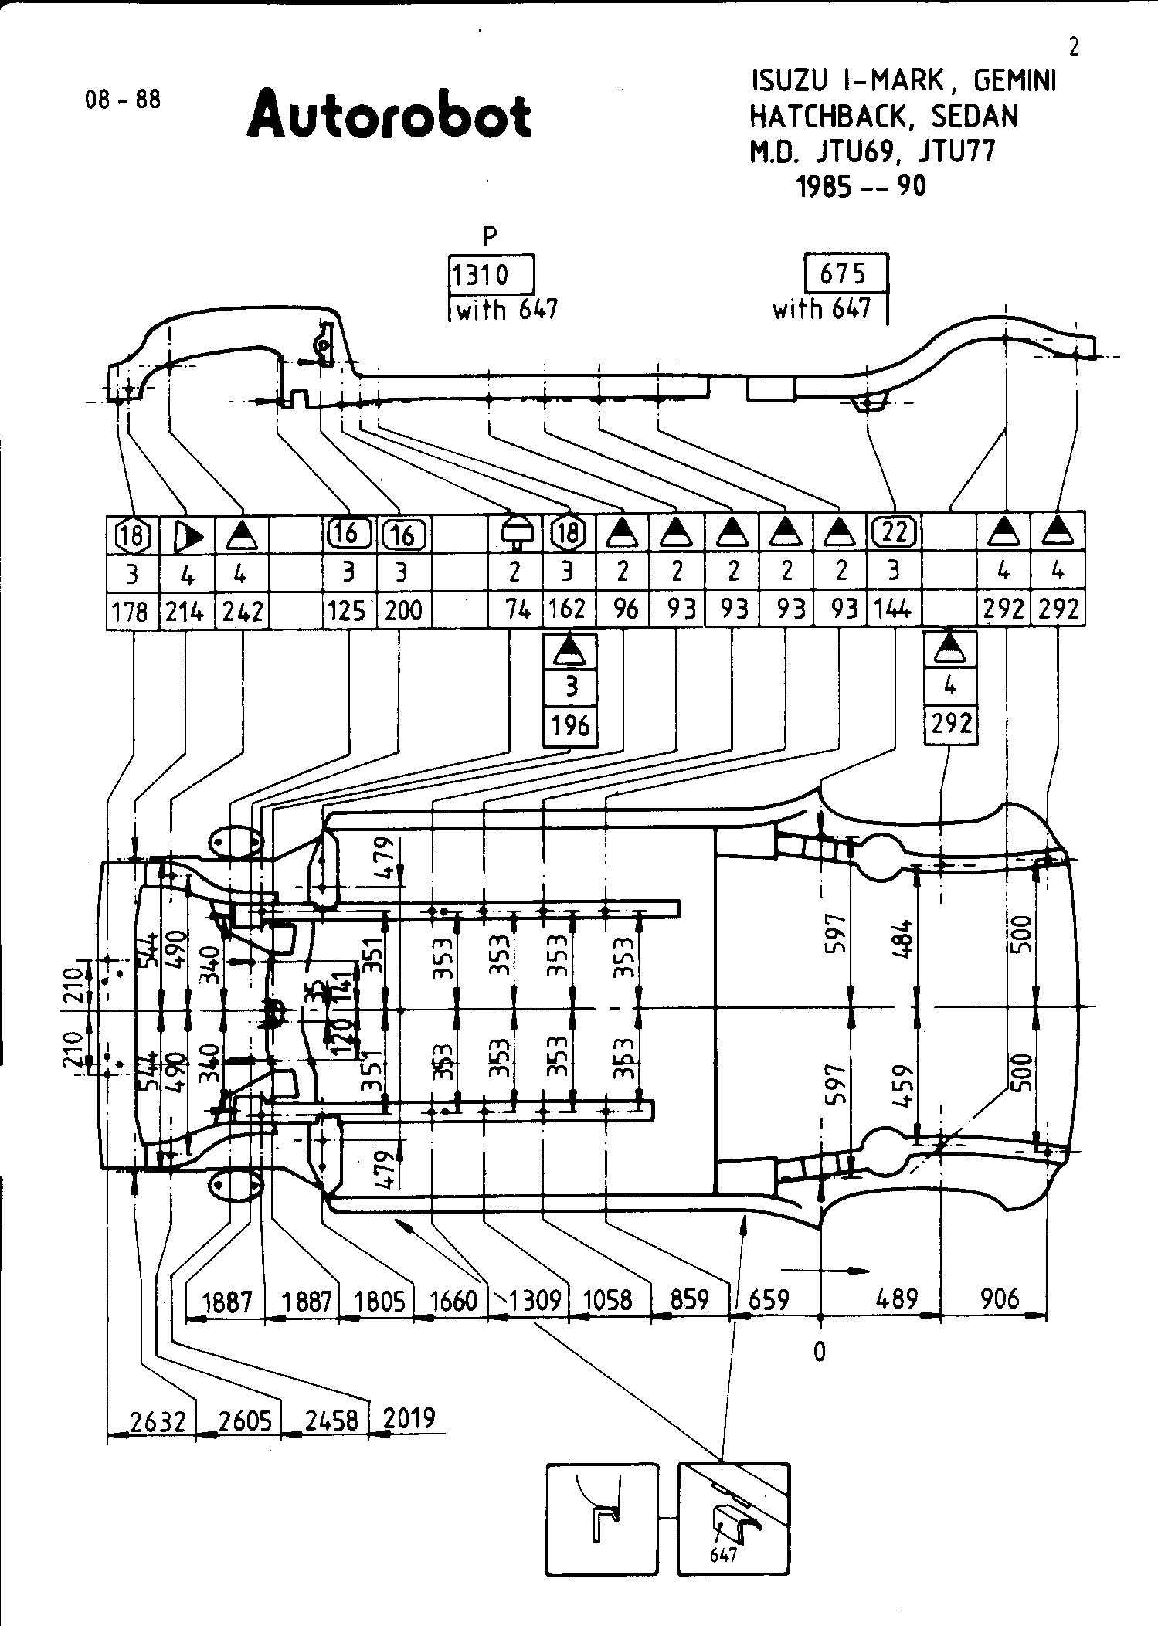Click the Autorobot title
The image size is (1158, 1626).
pyautogui.click(x=389, y=115)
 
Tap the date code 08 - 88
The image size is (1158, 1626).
pyautogui.click(x=124, y=100)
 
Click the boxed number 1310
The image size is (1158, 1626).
pyautogui.click(x=481, y=274)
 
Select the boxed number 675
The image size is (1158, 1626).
pyautogui.click(x=843, y=273)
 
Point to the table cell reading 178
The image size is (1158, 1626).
pyautogui.click(x=131, y=611)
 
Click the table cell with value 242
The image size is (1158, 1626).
pyautogui.click(x=243, y=611)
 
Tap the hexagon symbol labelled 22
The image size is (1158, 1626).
pyautogui.click(x=894, y=531)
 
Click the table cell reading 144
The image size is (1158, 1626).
pyautogui.click(x=894, y=610)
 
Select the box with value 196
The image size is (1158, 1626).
pyautogui.click(x=571, y=726)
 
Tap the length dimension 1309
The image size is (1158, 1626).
pyautogui.click(x=535, y=1300)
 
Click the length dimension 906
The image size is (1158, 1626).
pyautogui.click(x=1000, y=1298)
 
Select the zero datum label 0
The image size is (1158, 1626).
pyautogui.click(x=820, y=1351)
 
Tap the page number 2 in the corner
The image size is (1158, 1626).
pyautogui.click(x=1073, y=48)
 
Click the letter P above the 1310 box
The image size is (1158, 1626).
pyautogui.click(x=490, y=236)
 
